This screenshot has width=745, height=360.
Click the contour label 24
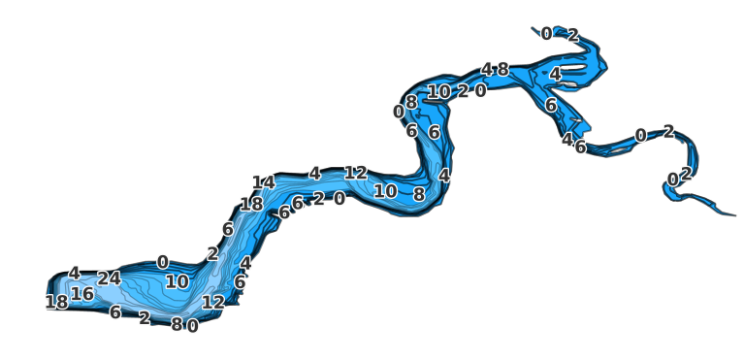(109, 278)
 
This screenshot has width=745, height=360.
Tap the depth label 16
(82, 294)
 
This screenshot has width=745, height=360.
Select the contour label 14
(263, 182)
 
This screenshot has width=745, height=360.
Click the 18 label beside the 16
(56, 302)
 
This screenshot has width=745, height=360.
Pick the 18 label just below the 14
(251, 204)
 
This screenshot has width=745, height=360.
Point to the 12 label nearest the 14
(355, 173)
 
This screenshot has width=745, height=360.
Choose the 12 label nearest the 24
(212, 302)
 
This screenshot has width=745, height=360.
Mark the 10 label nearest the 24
(177, 281)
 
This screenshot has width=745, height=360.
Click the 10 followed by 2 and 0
(438, 92)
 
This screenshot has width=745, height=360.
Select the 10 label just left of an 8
(385, 191)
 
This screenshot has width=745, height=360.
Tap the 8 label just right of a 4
(502, 69)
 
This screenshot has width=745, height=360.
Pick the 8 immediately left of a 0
(177, 324)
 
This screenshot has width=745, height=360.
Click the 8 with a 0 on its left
(411, 102)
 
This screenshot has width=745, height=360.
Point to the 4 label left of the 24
(74, 274)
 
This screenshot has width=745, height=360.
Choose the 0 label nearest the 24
(162, 262)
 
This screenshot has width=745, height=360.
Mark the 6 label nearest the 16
(114, 311)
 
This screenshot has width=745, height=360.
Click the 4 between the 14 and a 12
(314, 174)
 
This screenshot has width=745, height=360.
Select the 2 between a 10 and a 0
(463, 91)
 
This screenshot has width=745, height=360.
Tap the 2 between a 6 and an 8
(145, 317)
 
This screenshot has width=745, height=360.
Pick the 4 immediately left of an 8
(487, 69)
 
